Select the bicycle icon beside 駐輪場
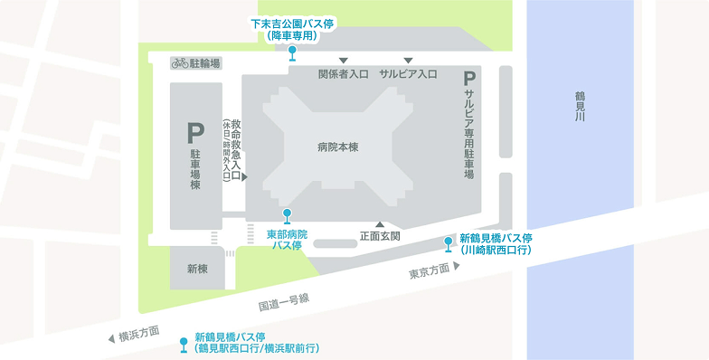click(179, 63)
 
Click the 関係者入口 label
click(343, 74)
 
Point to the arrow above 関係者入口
click(344, 61)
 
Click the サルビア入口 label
click(408, 74)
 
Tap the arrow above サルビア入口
click(408, 61)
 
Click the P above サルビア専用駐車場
click(469, 81)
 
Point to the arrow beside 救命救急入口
click(245, 178)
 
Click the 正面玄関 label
click(380, 236)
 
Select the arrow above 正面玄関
click(380, 223)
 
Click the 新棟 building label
click(198, 269)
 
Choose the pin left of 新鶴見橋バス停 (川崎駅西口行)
click(448, 243)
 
